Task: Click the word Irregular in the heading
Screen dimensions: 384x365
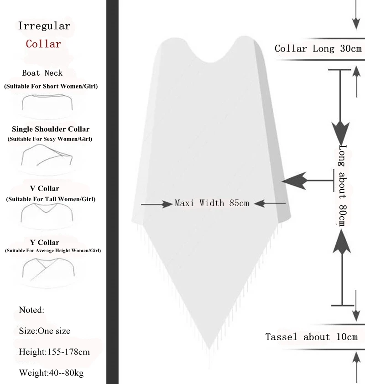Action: coord(44,26)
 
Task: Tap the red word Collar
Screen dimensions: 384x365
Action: coord(43,44)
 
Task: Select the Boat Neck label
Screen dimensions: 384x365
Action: coord(42,73)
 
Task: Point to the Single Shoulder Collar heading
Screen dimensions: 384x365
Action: coord(51,129)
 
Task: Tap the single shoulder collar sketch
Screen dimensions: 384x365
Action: coord(47,157)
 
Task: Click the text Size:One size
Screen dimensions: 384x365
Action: coord(45,331)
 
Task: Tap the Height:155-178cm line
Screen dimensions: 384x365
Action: coord(54,352)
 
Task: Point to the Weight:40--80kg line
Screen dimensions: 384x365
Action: coord(51,373)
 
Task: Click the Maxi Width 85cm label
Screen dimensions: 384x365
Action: coord(212,203)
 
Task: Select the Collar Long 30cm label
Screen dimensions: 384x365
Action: coord(318,49)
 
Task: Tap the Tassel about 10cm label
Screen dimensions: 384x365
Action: coord(312,337)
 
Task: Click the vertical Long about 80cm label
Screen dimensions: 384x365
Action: coord(343,185)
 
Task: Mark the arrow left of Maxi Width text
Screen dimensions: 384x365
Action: coord(156,205)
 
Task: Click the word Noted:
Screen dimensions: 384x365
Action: coord(31,310)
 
